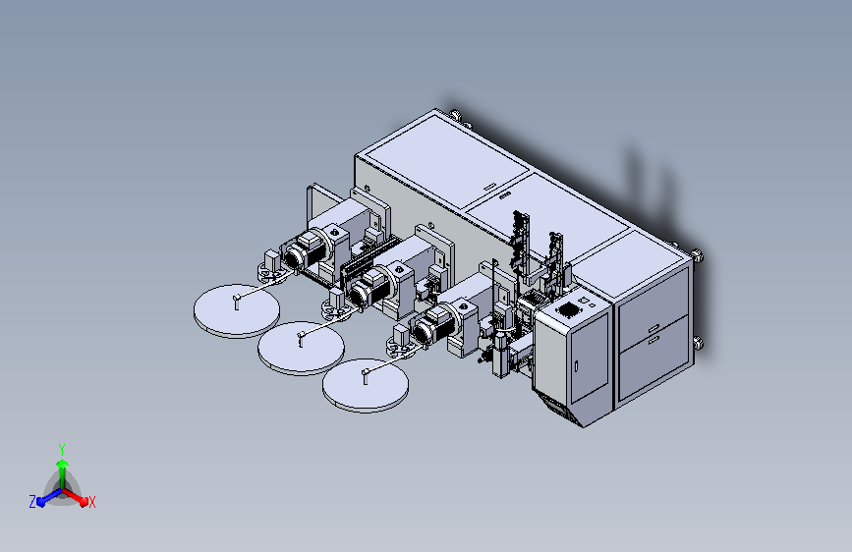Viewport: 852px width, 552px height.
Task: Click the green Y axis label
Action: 62,449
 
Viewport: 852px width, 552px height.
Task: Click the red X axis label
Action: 92,503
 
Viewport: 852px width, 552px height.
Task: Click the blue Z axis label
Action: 32,502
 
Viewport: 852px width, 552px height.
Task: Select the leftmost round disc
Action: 237,310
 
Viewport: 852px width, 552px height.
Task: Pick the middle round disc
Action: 301,348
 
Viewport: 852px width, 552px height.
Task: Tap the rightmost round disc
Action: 366,385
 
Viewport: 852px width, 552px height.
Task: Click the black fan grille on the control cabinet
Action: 569,309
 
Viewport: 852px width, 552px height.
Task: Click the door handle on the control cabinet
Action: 577,366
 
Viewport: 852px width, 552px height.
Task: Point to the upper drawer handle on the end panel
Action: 653,328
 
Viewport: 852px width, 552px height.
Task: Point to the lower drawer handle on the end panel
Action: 653,339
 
